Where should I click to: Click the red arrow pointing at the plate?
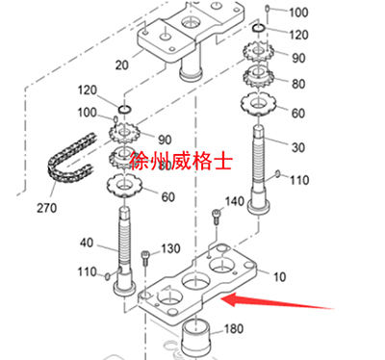(x=277, y=301)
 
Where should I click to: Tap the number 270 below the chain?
(x=47, y=208)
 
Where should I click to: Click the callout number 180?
(x=234, y=328)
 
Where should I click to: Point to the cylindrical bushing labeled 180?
(x=196, y=336)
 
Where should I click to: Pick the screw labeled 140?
(x=217, y=218)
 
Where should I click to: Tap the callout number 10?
(x=279, y=276)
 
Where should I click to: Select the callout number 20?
(x=121, y=65)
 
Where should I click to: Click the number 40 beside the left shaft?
(x=87, y=243)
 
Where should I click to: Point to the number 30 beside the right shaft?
(x=297, y=147)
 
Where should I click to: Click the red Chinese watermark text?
(x=181, y=161)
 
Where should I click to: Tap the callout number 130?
(x=170, y=248)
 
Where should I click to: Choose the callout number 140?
(x=235, y=201)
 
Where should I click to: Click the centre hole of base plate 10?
(x=195, y=282)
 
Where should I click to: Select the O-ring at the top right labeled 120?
(x=258, y=28)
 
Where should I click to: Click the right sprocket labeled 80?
(x=258, y=77)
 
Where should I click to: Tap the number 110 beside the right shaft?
(x=299, y=180)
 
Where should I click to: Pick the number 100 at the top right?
(x=298, y=13)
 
